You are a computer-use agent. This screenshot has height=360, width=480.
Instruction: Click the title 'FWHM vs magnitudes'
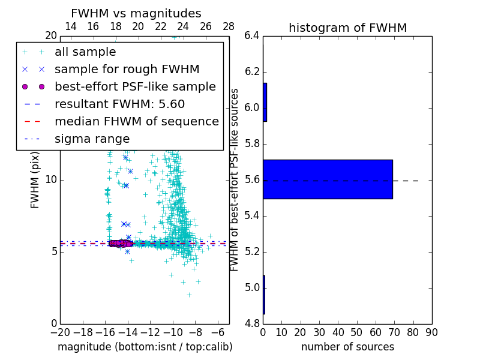coord(136,14)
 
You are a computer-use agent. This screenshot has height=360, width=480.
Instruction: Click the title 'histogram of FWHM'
coord(347,28)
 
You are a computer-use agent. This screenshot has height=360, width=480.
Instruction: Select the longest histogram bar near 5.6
coord(328,179)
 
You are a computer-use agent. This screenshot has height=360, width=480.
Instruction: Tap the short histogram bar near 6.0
coord(265,102)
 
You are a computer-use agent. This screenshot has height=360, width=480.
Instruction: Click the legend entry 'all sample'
coord(85,52)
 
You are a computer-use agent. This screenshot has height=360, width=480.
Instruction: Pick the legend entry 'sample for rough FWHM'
coord(127,69)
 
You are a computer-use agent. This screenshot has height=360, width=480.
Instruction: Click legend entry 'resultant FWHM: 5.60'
coord(119,104)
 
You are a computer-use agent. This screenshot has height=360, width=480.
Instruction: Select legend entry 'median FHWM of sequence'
coord(136,121)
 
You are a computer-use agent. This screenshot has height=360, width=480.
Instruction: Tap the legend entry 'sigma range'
coord(92,139)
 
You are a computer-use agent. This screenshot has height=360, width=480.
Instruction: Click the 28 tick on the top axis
coord(229,26)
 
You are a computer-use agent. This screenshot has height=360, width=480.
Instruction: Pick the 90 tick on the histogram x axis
coord(431,332)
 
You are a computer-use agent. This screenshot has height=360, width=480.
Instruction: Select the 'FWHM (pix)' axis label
coord(35,180)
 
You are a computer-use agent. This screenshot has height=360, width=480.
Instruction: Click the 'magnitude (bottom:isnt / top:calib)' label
coord(145,347)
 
